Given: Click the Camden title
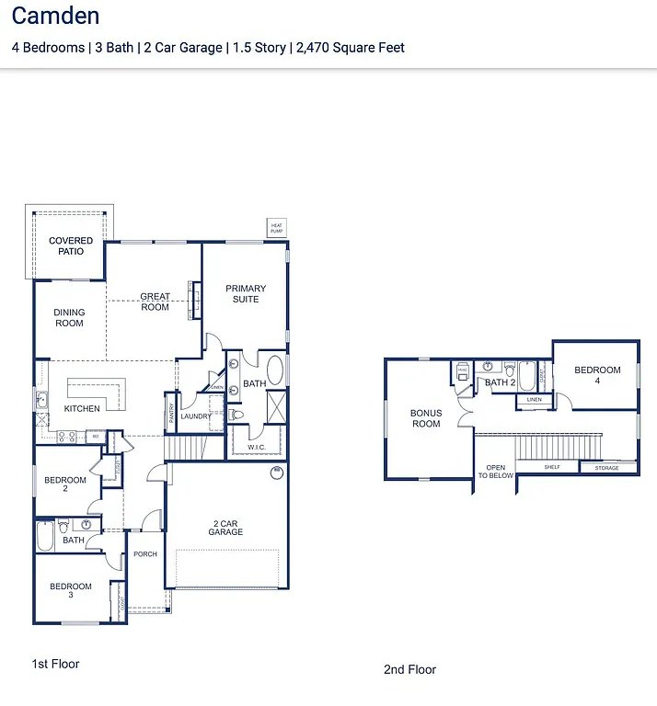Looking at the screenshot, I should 55,17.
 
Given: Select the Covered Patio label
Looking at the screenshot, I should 71,246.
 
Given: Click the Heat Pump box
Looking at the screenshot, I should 276,227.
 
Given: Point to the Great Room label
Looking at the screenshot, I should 155,302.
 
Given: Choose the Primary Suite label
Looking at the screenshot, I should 246,293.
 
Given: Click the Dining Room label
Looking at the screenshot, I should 69,317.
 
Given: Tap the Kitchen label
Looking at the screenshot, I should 82,408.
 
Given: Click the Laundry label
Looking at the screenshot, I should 195,416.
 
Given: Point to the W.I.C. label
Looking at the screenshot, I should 257,448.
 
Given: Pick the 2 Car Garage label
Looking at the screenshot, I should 225,528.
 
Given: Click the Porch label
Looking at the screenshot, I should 145,554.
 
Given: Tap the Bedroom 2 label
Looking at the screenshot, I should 66,484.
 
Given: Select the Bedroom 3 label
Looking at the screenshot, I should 71,591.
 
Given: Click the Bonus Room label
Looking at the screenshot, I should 426,418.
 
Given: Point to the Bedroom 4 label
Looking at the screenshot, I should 597,375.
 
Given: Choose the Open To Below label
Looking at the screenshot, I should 496,473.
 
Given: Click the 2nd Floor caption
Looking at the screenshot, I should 409,669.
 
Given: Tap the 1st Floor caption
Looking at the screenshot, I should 56,664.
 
